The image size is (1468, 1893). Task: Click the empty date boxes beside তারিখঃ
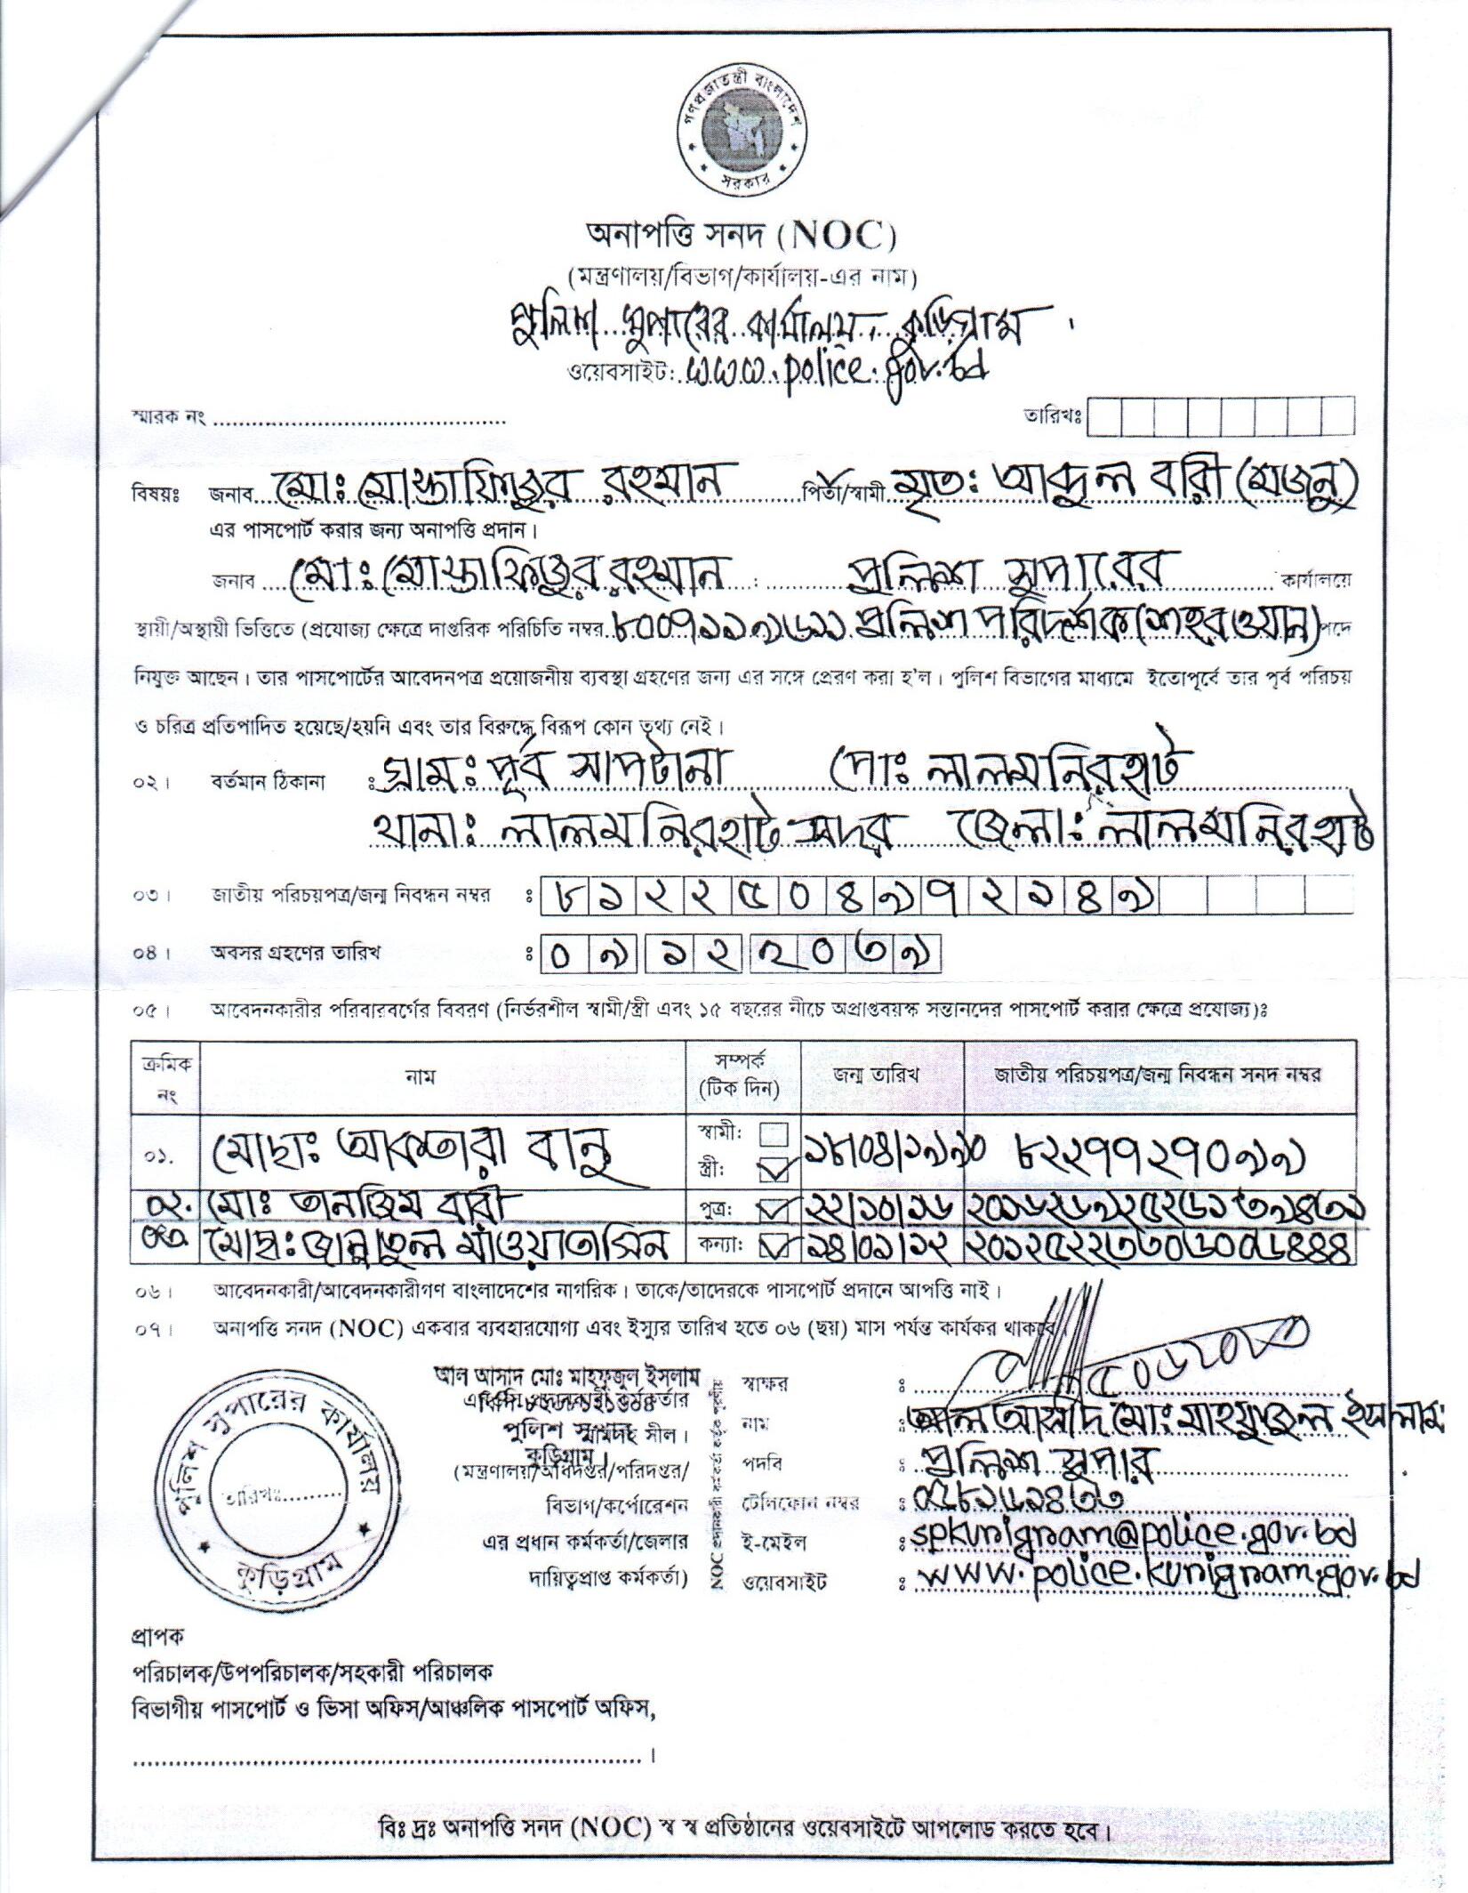1221,415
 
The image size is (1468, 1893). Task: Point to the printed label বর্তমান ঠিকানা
268,783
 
